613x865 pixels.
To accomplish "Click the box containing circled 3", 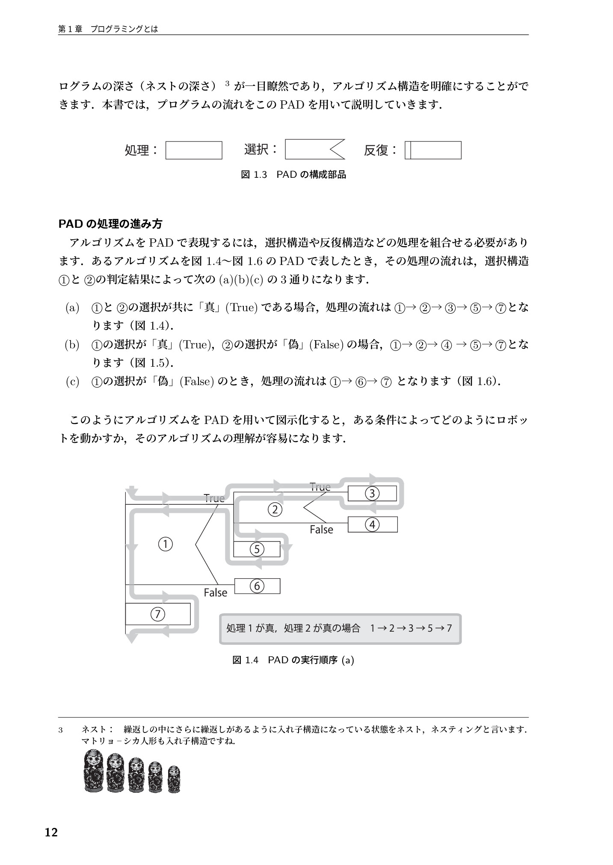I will coord(372,494).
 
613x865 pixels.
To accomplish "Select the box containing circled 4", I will coord(372,524).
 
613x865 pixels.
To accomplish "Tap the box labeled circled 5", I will coord(257,549).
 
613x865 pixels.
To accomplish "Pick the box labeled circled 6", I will coord(257,586).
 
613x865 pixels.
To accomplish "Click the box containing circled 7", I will coord(157,614).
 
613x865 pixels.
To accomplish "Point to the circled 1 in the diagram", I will coord(165,544).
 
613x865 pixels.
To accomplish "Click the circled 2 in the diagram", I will coord(275,509).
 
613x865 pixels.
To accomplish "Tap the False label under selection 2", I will coord(321,530).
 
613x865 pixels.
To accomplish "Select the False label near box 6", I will coord(215,593).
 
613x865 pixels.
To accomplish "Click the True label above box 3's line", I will coord(320,487).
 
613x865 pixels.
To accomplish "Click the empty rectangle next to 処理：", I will coord(194,150).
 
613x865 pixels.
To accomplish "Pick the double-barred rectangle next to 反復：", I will coord(433,150).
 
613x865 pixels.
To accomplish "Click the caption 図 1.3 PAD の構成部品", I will coord(293,174).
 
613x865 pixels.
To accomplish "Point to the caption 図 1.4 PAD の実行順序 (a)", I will coord(293,660).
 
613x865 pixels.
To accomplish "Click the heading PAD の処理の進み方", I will coord(110,224).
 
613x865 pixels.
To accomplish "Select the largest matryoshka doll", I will coord(94,771).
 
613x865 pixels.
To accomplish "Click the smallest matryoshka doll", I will coord(174,779).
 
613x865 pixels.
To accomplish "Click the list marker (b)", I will coord(72,345).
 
